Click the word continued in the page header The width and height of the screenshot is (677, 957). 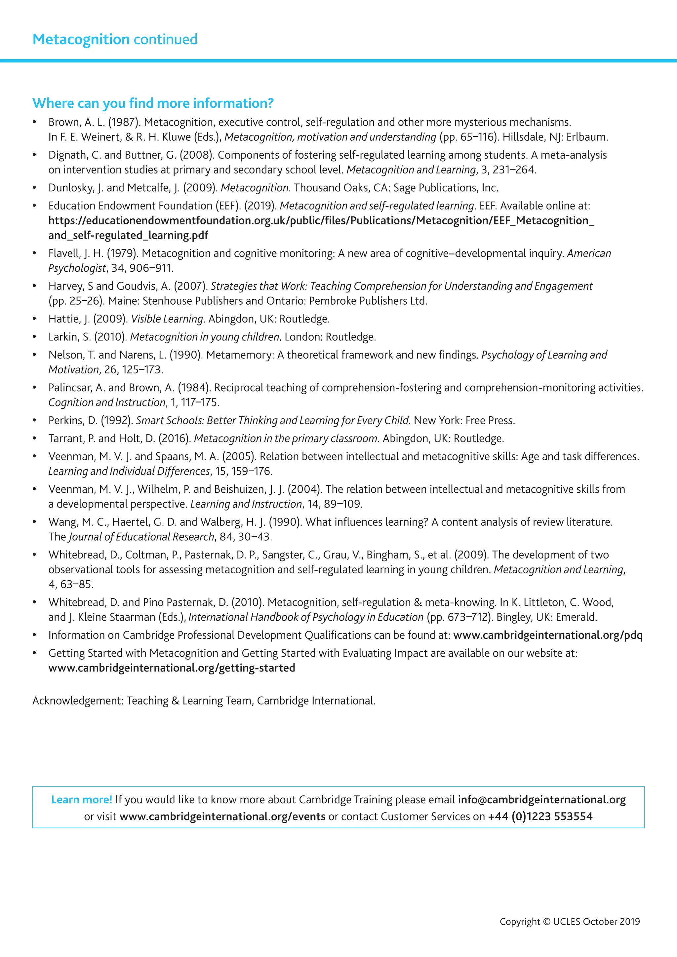click(x=166, y=40)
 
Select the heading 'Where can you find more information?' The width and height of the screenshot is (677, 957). click(x=153, y=103)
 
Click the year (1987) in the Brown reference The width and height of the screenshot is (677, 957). click(x=124, y=122)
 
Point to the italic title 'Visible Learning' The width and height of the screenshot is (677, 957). click(x=167, y=319)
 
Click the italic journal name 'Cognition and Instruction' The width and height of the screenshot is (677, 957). click(x=107, y=402)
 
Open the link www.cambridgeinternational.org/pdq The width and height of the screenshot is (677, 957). click(x=548, y=635)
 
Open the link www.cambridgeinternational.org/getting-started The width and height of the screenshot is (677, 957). click(x=172, y=668)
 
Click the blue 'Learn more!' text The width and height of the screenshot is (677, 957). click(x=82, y=799)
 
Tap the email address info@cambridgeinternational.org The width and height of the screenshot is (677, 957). click(x=542, y=799)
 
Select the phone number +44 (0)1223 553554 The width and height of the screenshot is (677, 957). click(x=540, y=816)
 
